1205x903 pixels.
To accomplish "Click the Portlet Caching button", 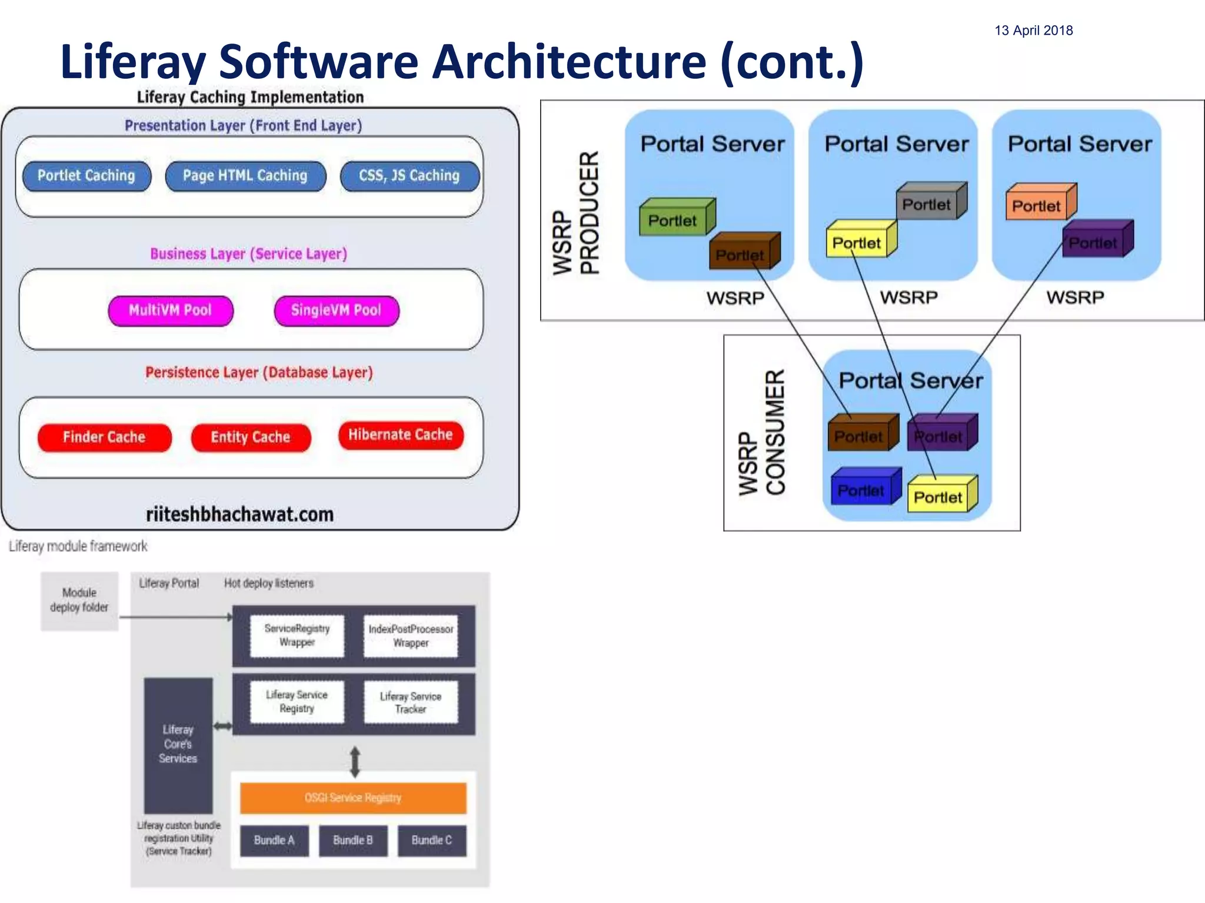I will [x=86, y=176].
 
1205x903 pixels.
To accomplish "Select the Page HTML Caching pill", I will [x=245, y=176].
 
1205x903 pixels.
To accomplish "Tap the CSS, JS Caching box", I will [x=410, y=176].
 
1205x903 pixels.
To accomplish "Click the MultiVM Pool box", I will [x=171, y=310].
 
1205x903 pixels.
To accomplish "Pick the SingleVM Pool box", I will [x=336, y=310].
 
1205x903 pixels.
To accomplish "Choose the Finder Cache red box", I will [x=104, y=437].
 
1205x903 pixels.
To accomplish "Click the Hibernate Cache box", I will [x=401, y=435].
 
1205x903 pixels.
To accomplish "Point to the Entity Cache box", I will [x=251, y=437].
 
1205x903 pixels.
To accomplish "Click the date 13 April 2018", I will [x=1033, y=31].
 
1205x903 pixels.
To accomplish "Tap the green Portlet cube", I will [x=674, y=220].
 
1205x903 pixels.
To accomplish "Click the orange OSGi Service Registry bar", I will [x=353, y=798].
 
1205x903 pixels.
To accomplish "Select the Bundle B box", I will [x=353, y=840].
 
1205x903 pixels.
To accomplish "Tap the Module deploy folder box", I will [x=79, y=600].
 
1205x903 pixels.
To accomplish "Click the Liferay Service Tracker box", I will [x=410, y=703].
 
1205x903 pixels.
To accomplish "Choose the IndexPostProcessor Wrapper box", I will [x=410, y=636].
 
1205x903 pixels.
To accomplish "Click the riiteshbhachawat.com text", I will [x=239, y=514].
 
